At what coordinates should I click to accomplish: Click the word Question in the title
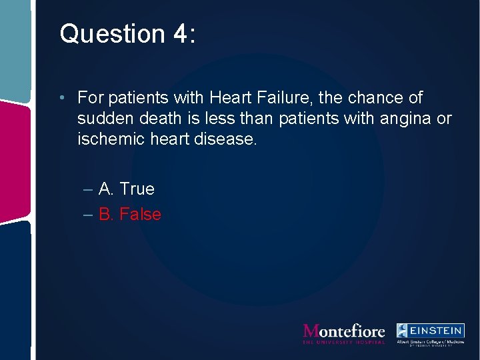click(102, 34)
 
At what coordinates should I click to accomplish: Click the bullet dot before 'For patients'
click(61, 99)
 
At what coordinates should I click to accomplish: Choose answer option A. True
click(126, 189)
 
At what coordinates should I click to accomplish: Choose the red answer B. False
click(129, 215)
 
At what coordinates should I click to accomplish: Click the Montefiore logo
click(344, 331)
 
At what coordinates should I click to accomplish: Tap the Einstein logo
click(430, 333)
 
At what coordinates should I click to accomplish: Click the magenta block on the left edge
click(15, 160)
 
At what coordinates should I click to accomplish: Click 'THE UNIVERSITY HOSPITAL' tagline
click(344, 342)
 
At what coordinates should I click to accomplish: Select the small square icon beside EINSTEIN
click(403, 330)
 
